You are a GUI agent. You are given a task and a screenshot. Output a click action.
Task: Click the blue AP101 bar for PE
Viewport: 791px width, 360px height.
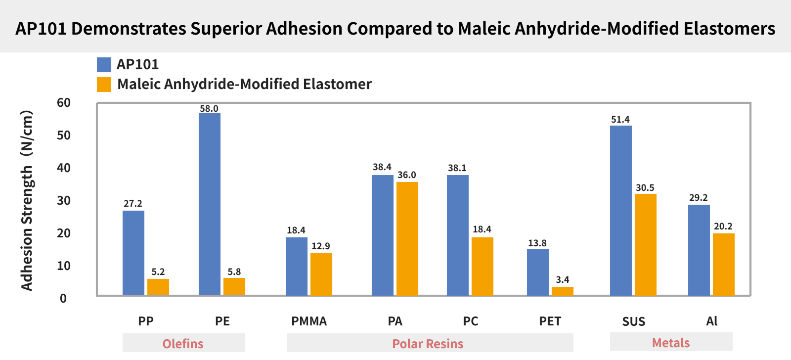pos(210,204)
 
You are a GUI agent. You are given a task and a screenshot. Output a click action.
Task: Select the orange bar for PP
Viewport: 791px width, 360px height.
pos(158,287)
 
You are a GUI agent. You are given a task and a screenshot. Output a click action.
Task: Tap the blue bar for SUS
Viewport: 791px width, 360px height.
pos(621,210)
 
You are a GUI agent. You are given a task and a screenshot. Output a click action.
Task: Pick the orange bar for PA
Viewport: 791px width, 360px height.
pos(407,238)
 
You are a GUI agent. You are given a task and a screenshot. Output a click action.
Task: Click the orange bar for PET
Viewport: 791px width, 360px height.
pos(563,291)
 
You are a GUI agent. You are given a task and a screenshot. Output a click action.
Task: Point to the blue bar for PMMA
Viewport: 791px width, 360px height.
pos(297,266)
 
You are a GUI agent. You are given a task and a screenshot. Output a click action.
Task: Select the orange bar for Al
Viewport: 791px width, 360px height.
pos(724,264)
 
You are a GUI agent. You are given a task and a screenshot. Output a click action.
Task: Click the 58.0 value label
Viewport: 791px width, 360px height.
pos(209,108)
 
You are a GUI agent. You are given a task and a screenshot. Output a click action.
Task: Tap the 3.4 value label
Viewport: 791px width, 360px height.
pos(563,280)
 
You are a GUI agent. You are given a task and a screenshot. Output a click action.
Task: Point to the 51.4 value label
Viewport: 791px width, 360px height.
pos(620,120)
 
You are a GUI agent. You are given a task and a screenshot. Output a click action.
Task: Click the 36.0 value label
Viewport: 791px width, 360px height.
pos(407,175)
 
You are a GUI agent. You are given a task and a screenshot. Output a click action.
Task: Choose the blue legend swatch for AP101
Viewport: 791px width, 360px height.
pos(104,65)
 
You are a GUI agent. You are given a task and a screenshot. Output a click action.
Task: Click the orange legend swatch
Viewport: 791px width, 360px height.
pos(104,85)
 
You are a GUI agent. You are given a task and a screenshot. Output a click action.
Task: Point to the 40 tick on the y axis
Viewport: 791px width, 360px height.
pos(64,168)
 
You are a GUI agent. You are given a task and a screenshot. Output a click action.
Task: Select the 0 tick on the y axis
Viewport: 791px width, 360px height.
pos(63,299)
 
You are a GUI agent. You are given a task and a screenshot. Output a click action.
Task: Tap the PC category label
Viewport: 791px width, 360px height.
pos(471,321)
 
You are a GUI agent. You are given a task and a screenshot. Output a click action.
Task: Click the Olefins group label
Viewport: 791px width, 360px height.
pos(183,344)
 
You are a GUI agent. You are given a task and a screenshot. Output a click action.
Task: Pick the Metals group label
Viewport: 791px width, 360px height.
pos(671,343)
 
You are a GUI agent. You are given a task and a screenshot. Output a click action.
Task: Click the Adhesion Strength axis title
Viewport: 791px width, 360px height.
pos(27,200)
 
